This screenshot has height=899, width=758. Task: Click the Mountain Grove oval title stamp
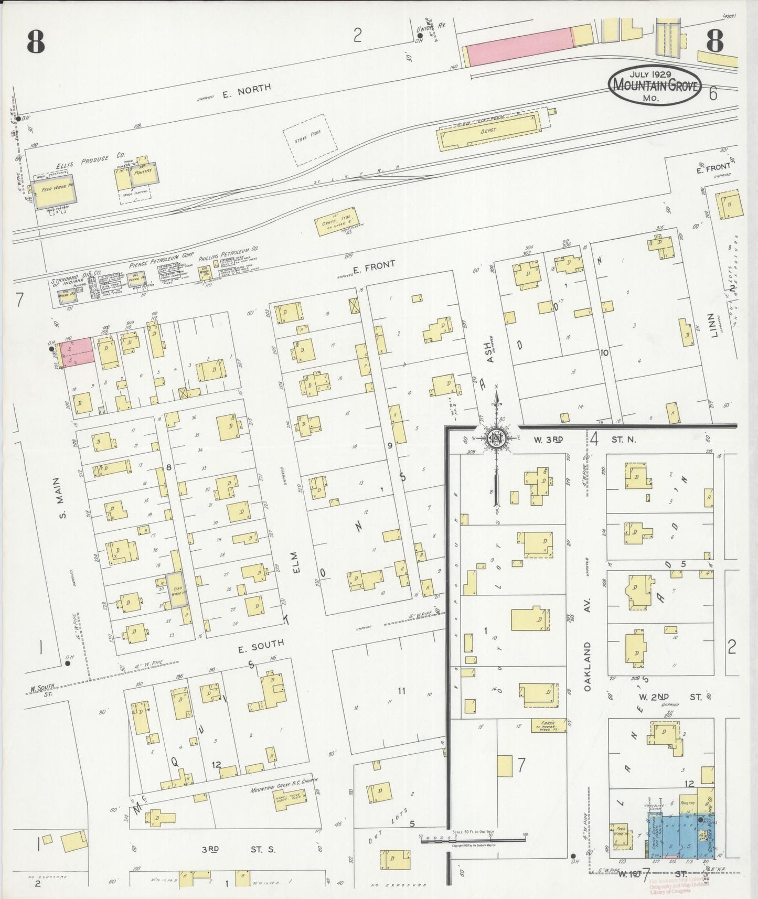coord(655,85)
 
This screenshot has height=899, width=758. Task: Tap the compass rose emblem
coord(495,437)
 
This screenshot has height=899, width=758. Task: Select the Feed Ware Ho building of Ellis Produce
coord(54,190)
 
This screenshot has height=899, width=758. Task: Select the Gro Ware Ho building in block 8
coord(177,590)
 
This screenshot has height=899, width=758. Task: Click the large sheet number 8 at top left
coord(35,42)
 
